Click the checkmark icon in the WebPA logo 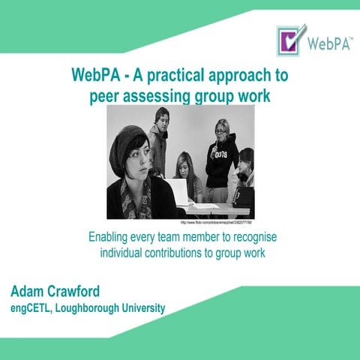(x=291, y=40)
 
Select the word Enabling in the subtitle (x=109, y=238)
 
